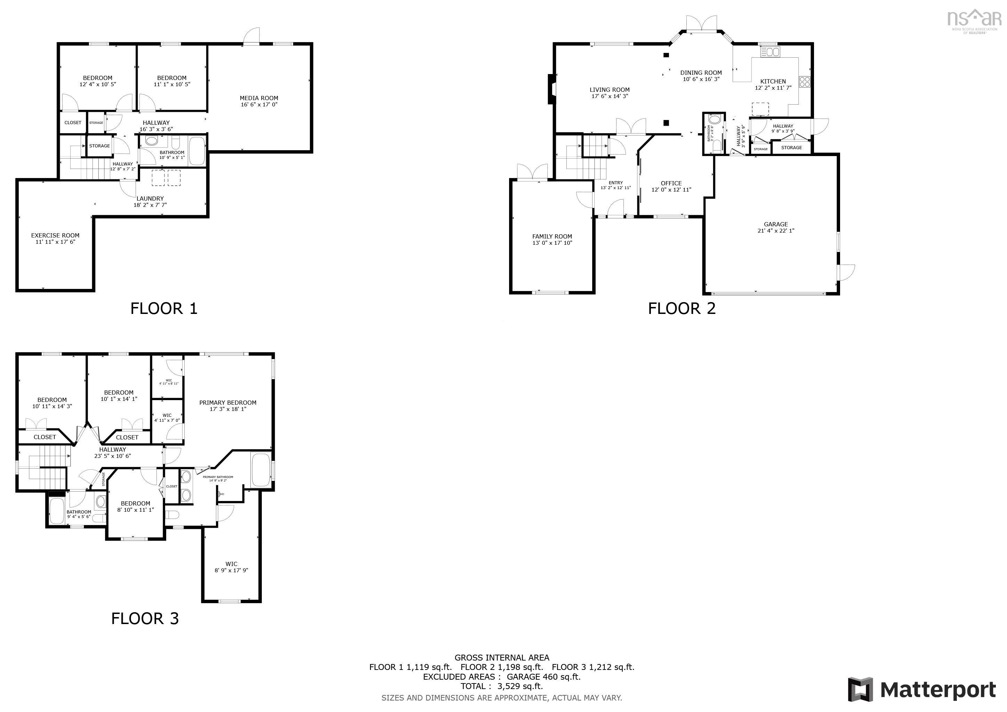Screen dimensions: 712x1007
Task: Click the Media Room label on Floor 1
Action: pyautogui.click(x=259, y=98)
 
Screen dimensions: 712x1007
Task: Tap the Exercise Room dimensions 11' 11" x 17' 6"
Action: pyautogui.click(x=55, y=242)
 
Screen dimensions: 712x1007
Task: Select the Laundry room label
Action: pyautogui.click(x=150, y=199)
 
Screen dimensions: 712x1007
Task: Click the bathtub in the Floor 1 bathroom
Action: pyautogui.click(x=197, y=151)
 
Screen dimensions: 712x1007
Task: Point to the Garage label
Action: pyautogui.click(x=775, y=224)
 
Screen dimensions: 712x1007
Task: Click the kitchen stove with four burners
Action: pyautogui.click(x=804, y=82)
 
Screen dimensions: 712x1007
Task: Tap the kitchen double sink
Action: pyautogui.click(x=770, y=52)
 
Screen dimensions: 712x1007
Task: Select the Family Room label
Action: pyautogui.click(x=552, y=236)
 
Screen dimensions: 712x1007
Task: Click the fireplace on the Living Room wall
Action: pyautogui.click(x=551, y=89)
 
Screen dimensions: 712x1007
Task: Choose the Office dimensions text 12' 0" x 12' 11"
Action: pyautogui.click(x=671, y=190)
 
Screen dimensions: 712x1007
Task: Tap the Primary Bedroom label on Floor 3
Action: pyautogui.click(x=228, y=403)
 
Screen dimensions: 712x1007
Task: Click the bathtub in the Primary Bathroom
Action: pyautogui.click(x=261, y=470)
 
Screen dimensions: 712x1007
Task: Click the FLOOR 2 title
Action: pyautogui.click(x=682, y=308)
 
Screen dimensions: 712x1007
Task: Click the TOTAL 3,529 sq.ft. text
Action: pyautogui.click(x=501, y=686)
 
